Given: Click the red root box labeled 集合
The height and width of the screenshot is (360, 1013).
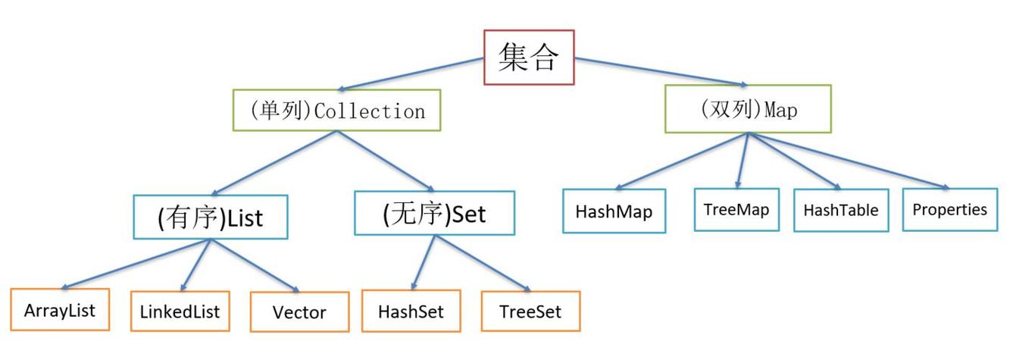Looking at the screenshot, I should point(529,57).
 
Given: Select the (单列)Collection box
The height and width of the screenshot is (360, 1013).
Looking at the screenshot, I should point(337,111).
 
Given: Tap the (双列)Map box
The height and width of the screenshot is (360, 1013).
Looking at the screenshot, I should point(747,109).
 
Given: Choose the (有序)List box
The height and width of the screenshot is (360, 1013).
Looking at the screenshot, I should point(210,218).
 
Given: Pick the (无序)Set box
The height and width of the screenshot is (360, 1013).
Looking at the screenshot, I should point(434,214).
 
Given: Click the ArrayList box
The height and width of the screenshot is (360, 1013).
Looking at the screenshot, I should point(60,310).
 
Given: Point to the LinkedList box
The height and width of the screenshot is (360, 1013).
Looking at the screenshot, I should point(180,311).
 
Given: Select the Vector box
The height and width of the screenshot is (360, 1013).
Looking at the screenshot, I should point(299,311).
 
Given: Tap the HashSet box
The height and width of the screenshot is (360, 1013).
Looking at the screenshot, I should point(411,311).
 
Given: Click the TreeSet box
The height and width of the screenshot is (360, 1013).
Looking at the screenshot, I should point(530,311).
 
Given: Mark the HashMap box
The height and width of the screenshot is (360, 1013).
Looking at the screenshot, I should point(614,211).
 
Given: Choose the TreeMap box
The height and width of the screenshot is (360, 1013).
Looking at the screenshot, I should point(736,208).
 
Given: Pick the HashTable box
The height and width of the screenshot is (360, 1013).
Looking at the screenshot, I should point(841,210).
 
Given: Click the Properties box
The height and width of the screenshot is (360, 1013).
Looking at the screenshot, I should point(949,208).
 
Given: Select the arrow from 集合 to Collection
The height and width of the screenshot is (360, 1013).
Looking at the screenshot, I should point(413,74).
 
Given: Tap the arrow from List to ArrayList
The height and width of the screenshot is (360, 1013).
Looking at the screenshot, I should point(136,265).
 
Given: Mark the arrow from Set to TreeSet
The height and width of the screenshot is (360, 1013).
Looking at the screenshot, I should point(483,263).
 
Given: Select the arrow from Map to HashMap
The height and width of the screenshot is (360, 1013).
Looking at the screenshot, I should point(682,161).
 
